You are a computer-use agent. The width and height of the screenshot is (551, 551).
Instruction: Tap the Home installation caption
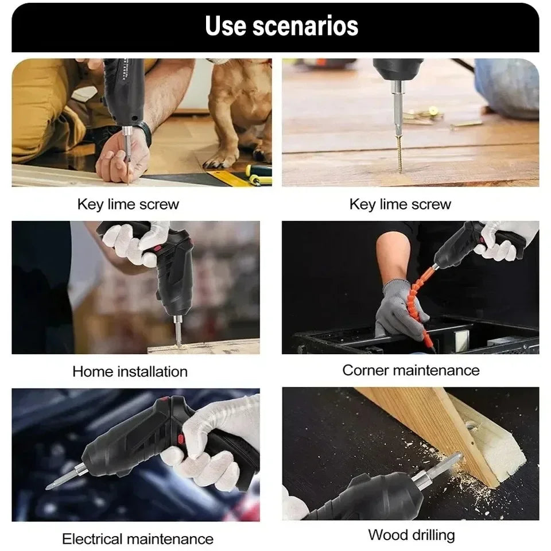[x=130, y=371]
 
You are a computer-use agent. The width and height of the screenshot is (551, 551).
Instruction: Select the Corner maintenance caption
[x=410, y=370]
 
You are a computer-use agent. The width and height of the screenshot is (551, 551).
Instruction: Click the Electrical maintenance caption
[x=137, y=539]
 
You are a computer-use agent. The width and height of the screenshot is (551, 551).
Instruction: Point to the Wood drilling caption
[x=411, y=535]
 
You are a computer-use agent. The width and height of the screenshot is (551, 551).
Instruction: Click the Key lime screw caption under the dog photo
[x=128, y=204]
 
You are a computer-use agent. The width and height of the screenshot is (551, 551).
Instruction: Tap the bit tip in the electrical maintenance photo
[x=53, y=484]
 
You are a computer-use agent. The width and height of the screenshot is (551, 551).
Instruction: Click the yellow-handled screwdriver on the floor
[x=258, y=170]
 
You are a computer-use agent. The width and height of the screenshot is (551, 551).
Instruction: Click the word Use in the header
[x=226, y=26]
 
